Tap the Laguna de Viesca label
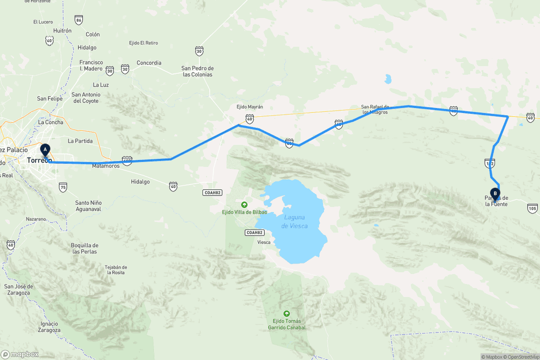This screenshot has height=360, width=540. [x=294, y=221]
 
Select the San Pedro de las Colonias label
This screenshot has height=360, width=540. [x=197, y=71]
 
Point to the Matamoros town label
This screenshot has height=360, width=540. [x=106, y=166]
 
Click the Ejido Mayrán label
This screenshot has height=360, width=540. [x=249, y=107]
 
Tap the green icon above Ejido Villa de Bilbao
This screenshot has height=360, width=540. [x=244, y=204]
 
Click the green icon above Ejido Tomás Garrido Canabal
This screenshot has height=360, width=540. [x=286, y=313]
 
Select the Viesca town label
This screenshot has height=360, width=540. [x=263, y=242]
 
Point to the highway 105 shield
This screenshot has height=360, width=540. [x=532, y=208]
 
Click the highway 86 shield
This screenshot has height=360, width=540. [x=78, y=20]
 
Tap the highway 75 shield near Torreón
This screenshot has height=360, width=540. [x=62, y=187]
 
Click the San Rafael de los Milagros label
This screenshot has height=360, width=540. [x=374, y=109]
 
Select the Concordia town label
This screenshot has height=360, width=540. [x=149, y=63]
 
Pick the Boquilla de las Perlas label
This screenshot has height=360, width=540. [x=85, y=248]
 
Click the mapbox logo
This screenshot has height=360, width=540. [x=20, y=354]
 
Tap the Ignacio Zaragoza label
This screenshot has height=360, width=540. [x=49, y=327]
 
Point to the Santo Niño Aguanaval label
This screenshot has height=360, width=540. [x=88, y=205]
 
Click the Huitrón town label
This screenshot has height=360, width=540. [x=62, y=30]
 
